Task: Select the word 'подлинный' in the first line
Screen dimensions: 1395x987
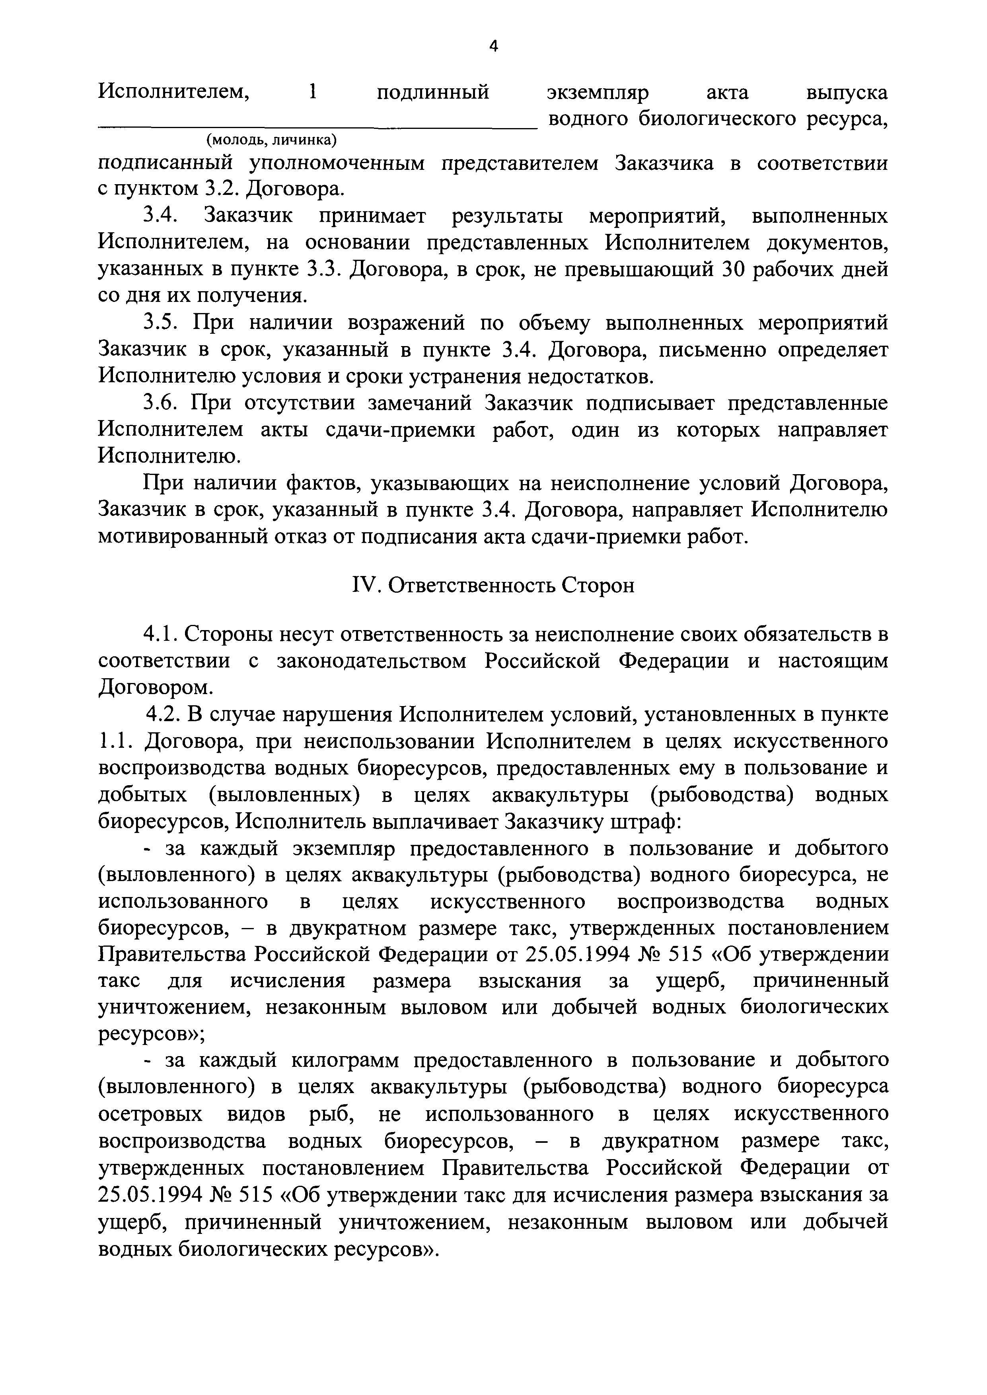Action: [433, 93]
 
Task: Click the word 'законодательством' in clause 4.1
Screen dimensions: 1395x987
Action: [371, 661]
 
